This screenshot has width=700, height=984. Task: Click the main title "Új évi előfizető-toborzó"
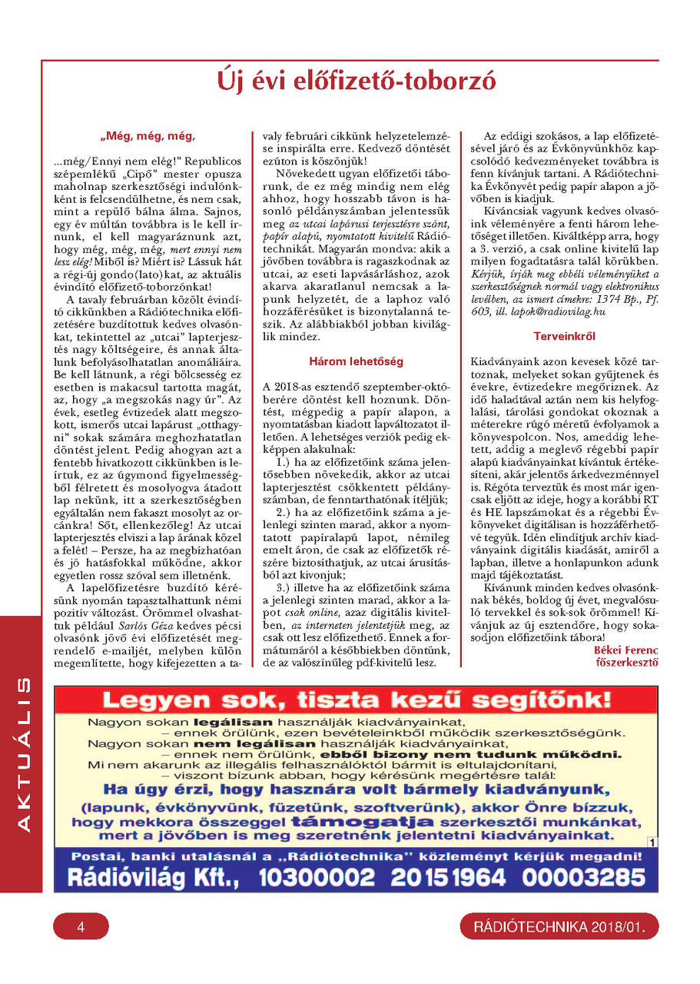(x=356, y=81)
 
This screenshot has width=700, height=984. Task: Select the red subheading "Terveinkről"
(x=565, y=336)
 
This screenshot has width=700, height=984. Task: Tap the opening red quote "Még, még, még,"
(x=148, y=137)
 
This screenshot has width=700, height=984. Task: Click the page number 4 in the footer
(x=81, y=927)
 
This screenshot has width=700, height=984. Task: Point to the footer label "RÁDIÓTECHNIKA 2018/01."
(x=559, y=927)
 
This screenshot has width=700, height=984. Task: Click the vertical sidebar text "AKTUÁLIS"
(x=22, y=753)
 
